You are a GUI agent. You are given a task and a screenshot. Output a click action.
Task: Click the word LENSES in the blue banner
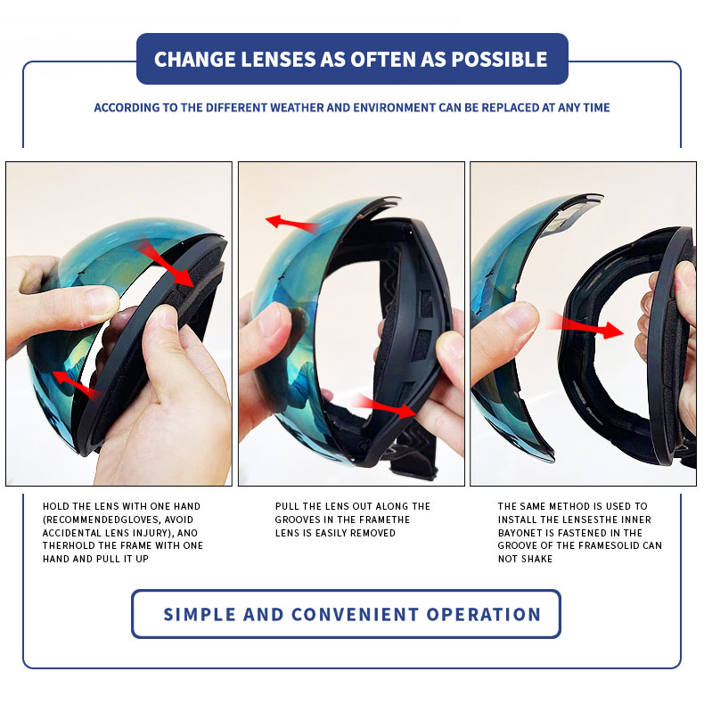[x=278, y=60]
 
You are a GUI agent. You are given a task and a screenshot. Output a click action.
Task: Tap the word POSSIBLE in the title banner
[x=499, y=60]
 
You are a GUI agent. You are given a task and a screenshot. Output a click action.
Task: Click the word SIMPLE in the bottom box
[x=200, y=614]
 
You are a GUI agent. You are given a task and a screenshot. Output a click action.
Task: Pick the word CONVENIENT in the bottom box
[x=355, y=614]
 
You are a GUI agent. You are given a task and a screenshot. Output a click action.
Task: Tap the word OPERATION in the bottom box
[x=484, y=614]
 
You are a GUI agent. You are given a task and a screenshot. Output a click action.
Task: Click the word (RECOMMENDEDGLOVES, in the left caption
[x=119, y=520]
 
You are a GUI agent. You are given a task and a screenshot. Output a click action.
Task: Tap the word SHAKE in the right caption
[x=537, y=559]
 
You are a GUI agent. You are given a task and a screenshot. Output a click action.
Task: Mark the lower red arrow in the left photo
[x=78, y=386]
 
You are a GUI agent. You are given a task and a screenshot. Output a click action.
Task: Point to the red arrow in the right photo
[x=585, y=327]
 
